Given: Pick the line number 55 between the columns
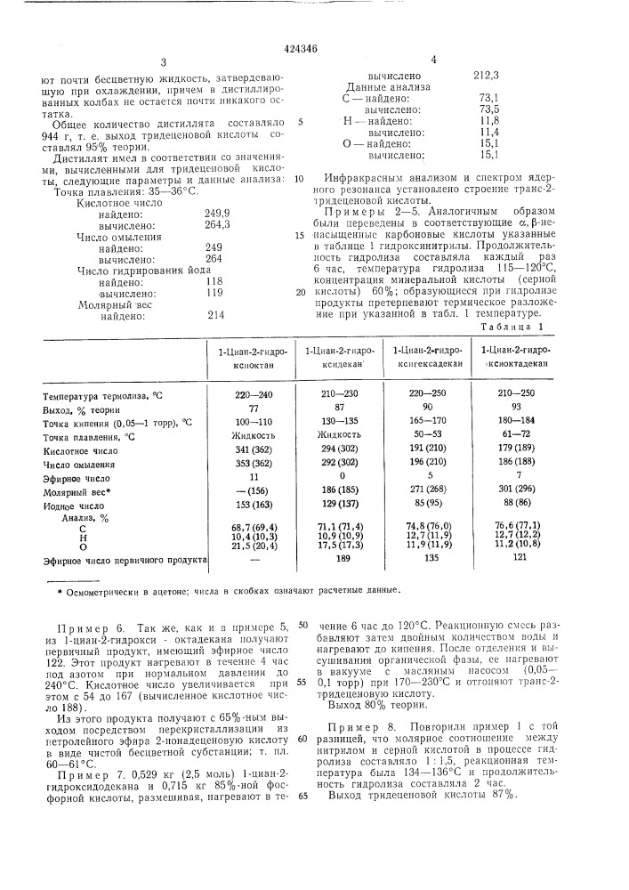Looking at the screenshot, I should pyautogui.click(x=302, y=682).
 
